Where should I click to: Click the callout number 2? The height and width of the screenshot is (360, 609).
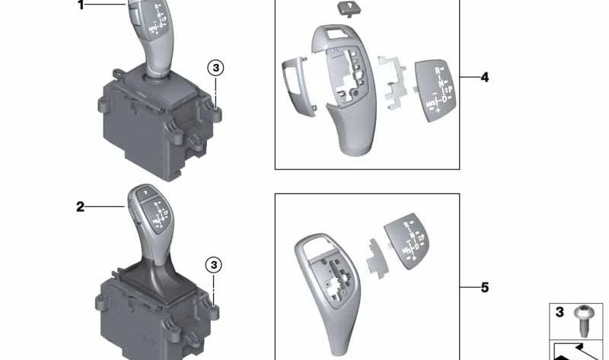pos(81,206)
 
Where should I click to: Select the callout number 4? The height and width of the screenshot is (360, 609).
pos(485,78)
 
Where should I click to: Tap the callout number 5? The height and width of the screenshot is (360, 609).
pos(485,288)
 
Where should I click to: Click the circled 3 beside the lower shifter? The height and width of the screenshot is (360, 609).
pos(215,265)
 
